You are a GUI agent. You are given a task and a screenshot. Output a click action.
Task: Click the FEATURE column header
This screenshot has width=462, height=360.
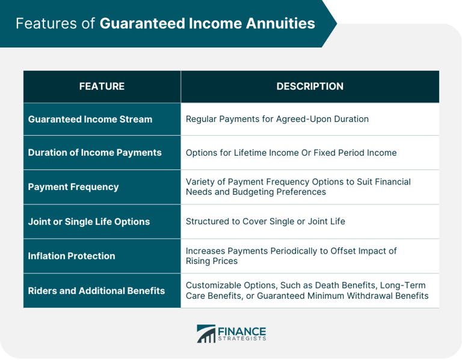click(102, 87)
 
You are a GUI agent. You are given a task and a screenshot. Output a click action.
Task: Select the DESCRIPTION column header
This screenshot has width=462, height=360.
click(310, 87)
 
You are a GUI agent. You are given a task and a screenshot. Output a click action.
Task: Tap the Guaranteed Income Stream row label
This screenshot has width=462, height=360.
click(90, 119)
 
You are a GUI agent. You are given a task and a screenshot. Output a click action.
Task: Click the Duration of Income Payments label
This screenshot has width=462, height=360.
click(94, 153)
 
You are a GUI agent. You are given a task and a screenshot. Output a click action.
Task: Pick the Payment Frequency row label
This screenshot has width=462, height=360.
click(73, 187)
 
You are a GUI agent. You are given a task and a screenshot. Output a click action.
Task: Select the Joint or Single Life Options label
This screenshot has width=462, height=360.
click(89, 222)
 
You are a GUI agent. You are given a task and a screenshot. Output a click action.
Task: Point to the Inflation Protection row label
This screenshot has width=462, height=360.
click(72, 256)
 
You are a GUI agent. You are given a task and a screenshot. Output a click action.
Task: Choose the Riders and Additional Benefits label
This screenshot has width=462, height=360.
click(96, 291)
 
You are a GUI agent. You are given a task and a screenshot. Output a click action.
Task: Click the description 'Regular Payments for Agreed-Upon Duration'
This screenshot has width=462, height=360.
click(277, 119)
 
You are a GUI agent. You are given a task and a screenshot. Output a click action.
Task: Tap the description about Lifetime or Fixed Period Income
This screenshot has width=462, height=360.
click(291, 153)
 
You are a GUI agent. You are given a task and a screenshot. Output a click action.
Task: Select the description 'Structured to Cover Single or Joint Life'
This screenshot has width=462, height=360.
click(265, 221)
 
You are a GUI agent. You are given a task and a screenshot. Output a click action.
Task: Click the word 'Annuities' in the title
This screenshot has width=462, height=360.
click(280, 23)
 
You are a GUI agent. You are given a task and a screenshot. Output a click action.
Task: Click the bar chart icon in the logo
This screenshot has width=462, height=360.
click(206, 335)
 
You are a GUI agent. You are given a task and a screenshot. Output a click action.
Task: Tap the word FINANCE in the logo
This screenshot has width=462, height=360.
click(242, 331)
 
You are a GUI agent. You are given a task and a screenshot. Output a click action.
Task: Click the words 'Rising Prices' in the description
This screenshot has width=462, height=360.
click(212, 261)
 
